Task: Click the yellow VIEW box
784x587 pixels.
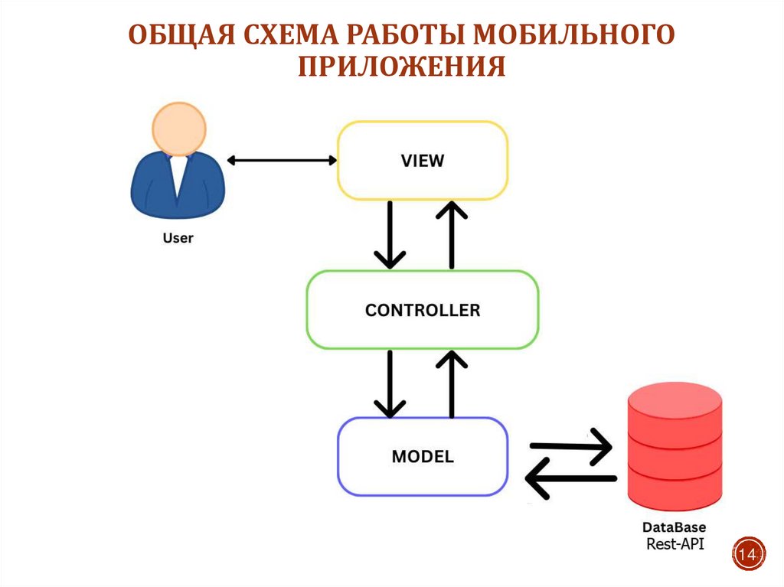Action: point(423,161)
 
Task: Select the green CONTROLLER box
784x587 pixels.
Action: point(423,310)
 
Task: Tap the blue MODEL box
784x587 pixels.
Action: point(423,457)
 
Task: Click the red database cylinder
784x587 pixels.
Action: point(674,452)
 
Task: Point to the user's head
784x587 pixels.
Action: point(178,129)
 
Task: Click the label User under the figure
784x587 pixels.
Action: point(178,238)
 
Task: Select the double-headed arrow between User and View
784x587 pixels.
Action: point(282,160)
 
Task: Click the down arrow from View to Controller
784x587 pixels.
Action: point(390,234)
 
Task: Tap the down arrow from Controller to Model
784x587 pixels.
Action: point(390,383)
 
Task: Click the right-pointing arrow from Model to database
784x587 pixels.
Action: point(571,445)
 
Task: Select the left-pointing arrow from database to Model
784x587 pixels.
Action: point(571,479)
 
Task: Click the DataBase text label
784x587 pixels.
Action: point(674,528)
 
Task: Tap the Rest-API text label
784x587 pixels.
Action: point(674,544)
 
